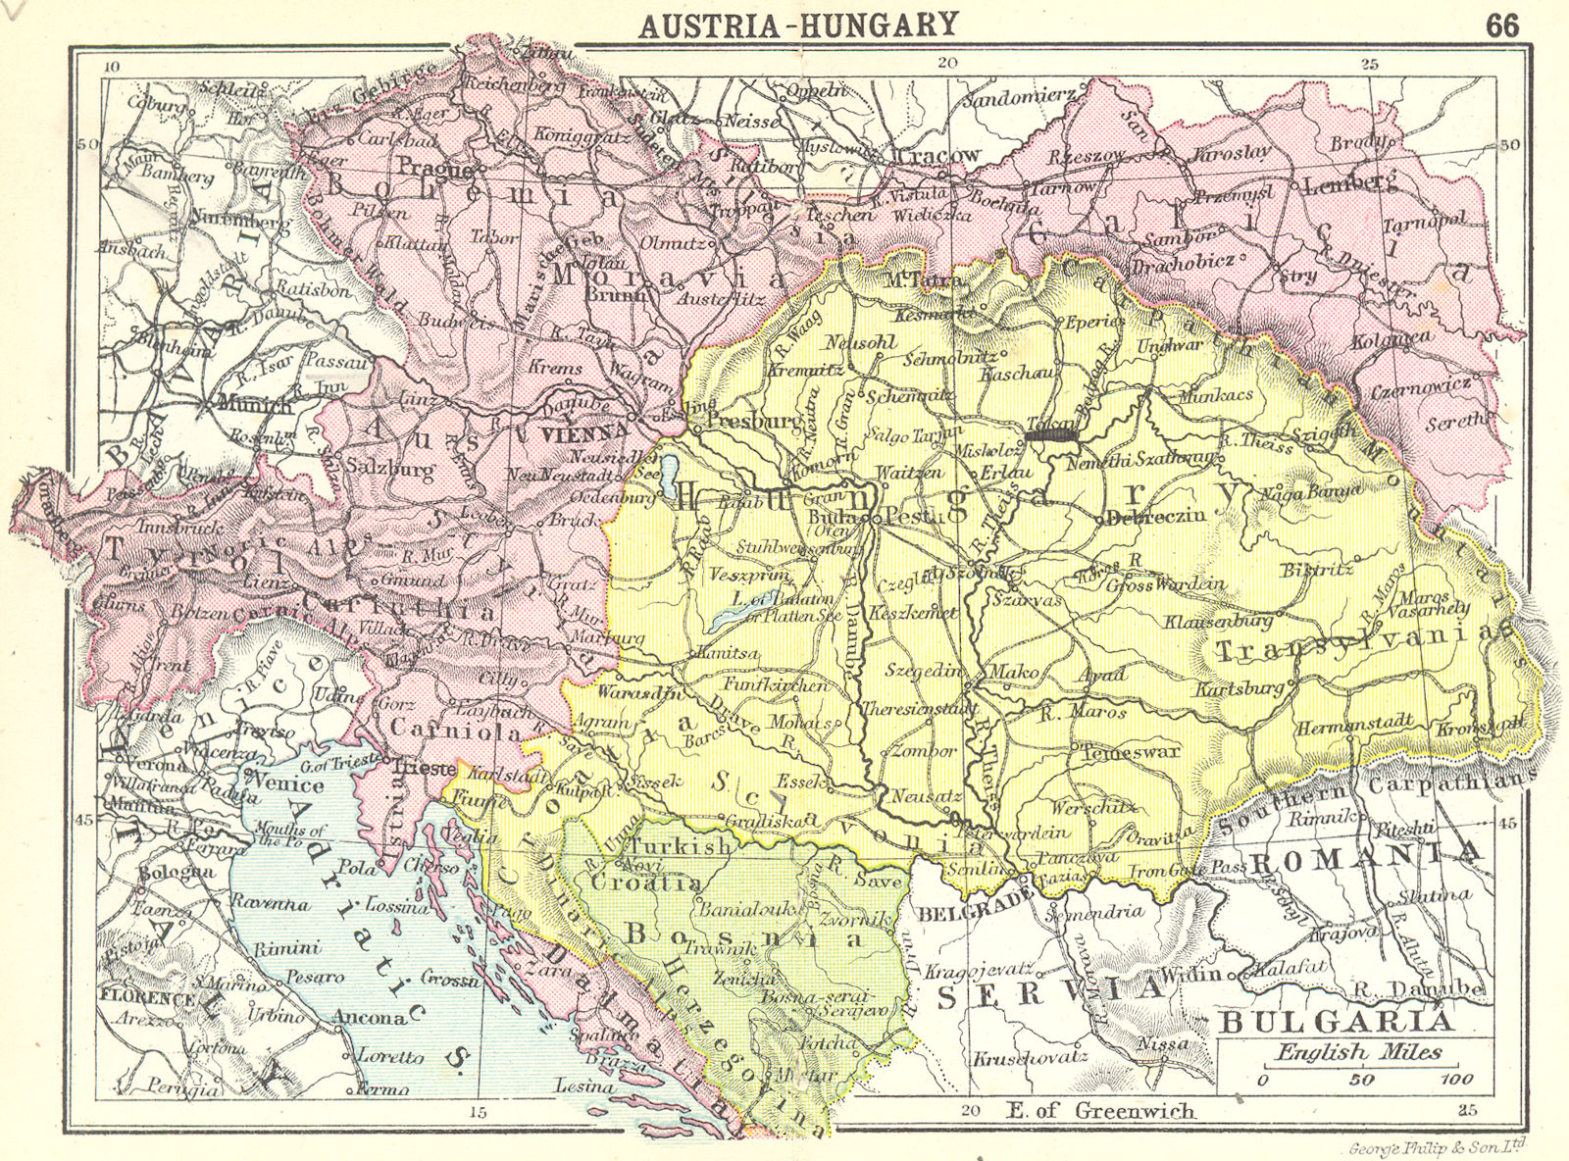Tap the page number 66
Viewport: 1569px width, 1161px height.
(1501, 25)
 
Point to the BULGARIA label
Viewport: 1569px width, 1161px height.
(1335, 1022)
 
